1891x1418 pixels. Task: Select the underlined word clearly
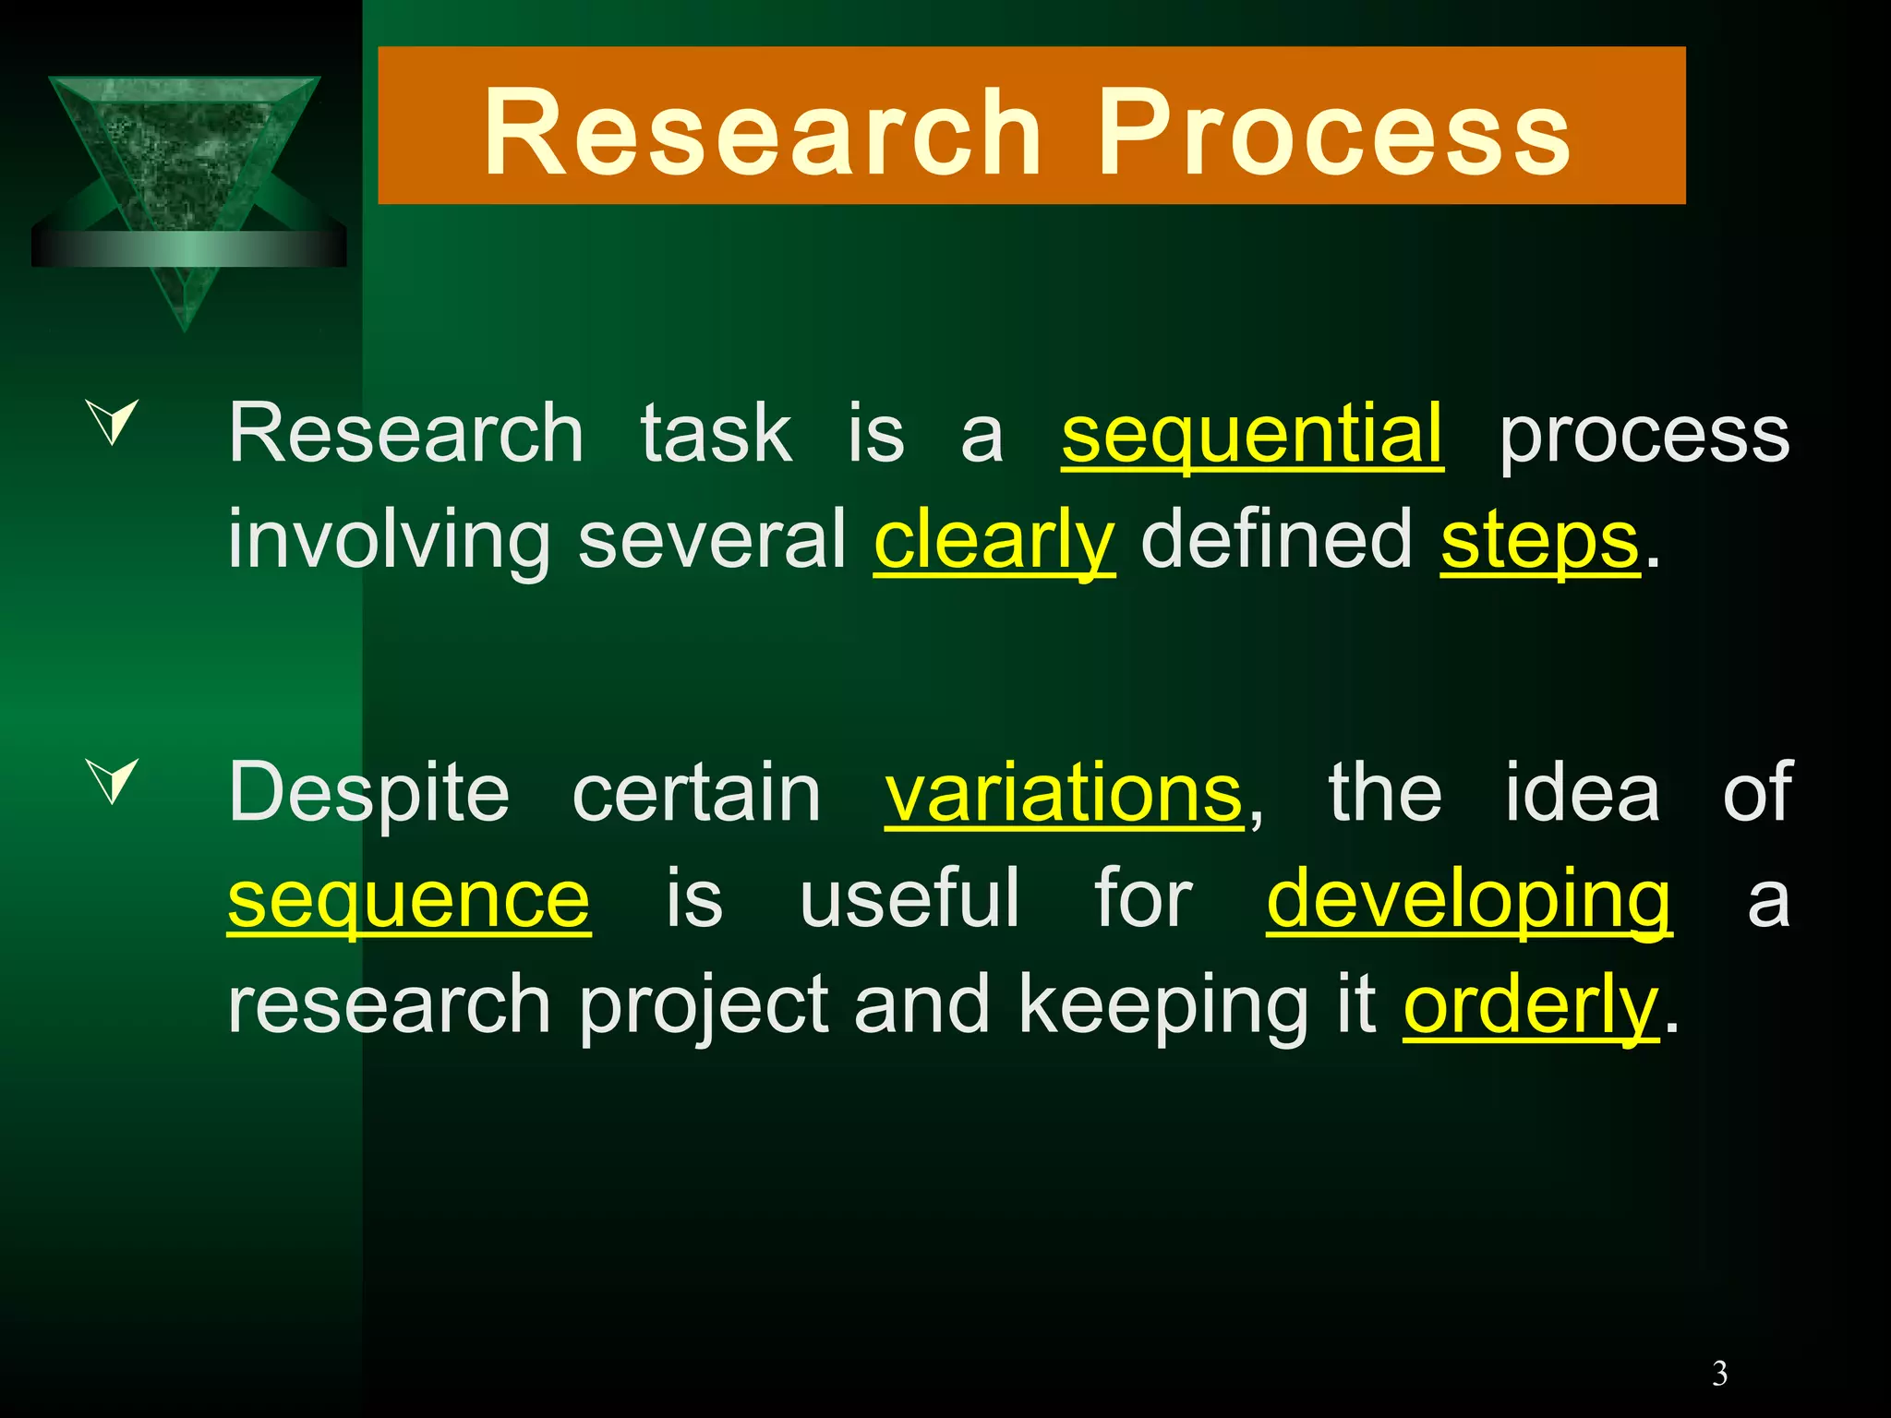(994, 541)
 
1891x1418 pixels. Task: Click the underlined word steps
(1539, 541)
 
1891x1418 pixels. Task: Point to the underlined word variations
(1064, 794)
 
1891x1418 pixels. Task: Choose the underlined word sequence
(409, 900)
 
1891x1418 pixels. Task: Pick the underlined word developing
(1468, 900)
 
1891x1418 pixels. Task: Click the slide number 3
(1719, 1375)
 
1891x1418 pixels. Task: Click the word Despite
(368, 794)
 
